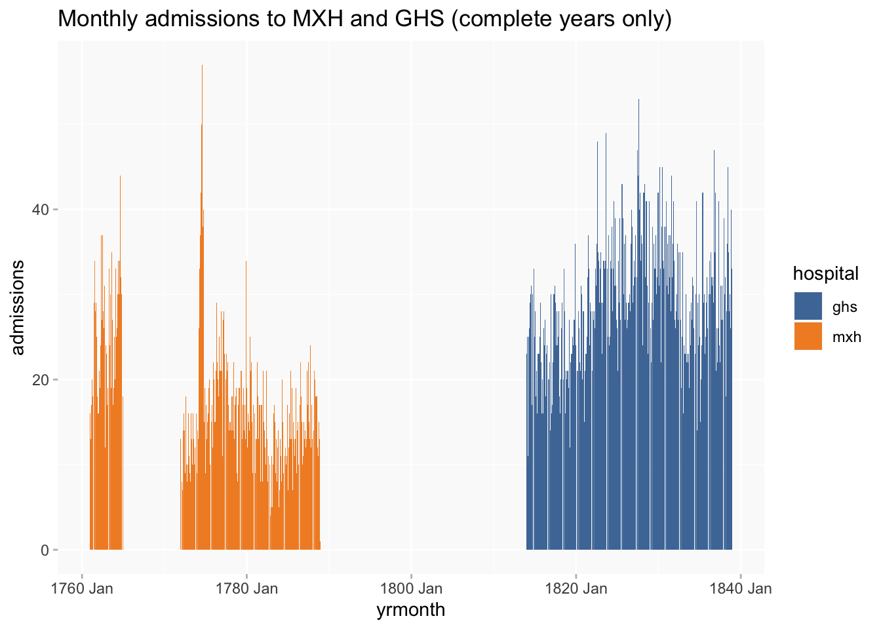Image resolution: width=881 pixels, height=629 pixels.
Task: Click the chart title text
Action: [x=365, y=20]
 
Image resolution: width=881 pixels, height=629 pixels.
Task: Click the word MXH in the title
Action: [x=308, y=20]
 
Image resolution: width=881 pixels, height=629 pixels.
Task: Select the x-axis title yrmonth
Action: [x=410, y=610]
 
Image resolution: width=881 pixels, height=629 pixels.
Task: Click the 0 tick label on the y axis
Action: [x=45, y=550]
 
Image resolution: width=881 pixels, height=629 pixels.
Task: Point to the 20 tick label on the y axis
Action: [x=41, y=380]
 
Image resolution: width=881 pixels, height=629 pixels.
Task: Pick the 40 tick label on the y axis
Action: [x=41, y=210]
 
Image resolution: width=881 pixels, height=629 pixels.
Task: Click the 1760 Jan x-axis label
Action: [x=82, y=588]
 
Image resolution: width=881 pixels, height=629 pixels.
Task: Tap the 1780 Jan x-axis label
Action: [x=246, y=588]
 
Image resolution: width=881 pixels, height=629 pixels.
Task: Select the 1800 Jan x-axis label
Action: [x=411, y=588]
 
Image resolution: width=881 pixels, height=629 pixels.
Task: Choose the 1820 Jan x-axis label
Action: [x=576, y=588]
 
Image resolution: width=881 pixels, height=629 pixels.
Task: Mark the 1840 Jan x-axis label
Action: [x=741, y=588]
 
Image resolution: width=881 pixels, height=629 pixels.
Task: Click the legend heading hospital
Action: [x=825, y=274]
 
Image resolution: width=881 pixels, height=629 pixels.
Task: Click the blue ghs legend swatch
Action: [x=808, y=306]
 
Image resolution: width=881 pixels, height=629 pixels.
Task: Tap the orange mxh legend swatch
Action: [x=808, y=336]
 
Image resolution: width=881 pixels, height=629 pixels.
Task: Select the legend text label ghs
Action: [x=844, y=307]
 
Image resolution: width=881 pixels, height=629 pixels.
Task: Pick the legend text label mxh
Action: [x=846, y=337]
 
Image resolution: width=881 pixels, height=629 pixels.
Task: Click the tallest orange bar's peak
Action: [x=202, y=66]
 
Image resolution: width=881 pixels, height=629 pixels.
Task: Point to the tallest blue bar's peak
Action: [x=638, y=100]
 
